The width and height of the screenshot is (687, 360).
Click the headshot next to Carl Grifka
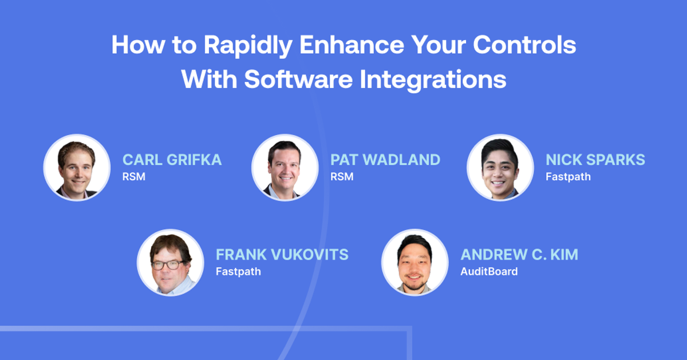pyautogui.click(x=77, y=168)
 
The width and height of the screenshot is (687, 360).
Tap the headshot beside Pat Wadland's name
pyautogui.click(x=285, y=168)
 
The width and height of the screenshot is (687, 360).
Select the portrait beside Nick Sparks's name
pyautogui.click(x=500, y=168)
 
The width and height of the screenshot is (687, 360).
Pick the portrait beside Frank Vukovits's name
pyautogui.click(x=170, y=263)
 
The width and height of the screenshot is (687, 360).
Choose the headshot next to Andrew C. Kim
pyautogui.click(x=414, y=263)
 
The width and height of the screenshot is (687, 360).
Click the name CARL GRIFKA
pyautogui.click(x=172, y=160)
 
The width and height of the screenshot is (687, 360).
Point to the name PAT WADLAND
pyautogui.click(x=385, y=160)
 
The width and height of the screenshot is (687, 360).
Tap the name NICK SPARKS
pyautogui.click(x=595, y=160)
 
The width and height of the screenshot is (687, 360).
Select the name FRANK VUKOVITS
pyautogui.click(x=282, y=255)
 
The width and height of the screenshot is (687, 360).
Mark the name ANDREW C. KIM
pyautogui.click(x=519, y=255)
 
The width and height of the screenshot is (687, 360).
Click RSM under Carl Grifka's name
pyautogui.click(x=133, y=177)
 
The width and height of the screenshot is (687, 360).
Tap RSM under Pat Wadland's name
pyautogui.click(x=342, y=177)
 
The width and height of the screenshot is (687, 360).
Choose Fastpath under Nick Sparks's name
pyautogui.click(x=568, y=177)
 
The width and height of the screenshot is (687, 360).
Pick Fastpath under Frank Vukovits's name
pyautogui.click(x=238, y=272)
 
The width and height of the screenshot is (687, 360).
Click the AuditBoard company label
pyautogui.click(x=489, y=272)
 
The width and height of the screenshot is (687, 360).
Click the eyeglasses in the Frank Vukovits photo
pyautogui.click(x=168, y=264)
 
